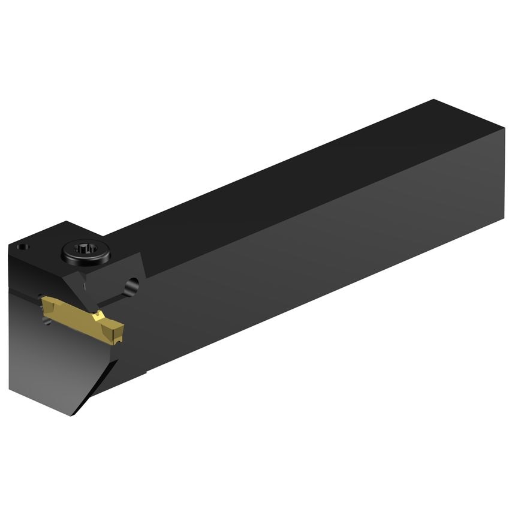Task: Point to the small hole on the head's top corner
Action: tap(22, 246)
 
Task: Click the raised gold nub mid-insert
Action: tap(99, 314)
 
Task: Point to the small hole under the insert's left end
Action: tap(47, 322)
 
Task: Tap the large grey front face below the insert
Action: tap(48, 366)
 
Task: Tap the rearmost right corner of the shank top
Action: tap(504, 129)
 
